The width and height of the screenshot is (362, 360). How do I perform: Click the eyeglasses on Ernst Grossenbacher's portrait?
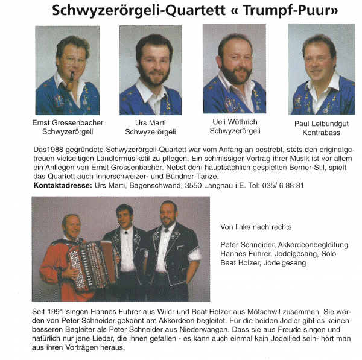point(75,60)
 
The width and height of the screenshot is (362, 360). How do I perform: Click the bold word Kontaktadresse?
point(63,185)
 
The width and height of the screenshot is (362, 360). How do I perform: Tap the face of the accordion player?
point(71,226)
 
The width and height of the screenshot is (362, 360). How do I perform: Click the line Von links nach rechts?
point(258,227)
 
